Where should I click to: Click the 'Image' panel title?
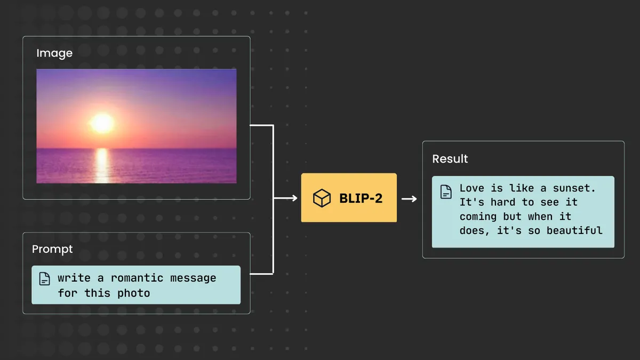54,53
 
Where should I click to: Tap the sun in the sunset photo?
102,123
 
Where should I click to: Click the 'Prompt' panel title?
52,249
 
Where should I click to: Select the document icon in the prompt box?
45,278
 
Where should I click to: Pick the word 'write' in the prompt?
71,278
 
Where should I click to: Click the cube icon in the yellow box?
322,198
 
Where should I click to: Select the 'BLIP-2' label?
361,198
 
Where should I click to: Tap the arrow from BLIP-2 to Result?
409,199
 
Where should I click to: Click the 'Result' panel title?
450,159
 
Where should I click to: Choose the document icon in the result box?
446,192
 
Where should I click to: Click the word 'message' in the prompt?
197,278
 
